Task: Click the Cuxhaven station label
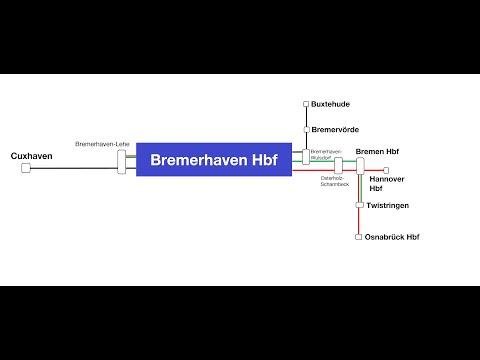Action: [x=30, y=156]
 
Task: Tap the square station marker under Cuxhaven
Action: [x=26, y=168]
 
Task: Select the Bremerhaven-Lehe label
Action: [x=103, y=144]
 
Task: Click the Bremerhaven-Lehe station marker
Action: [x=122, y=161]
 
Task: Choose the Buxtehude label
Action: [x=331, y=103]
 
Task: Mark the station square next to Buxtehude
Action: [x=307, y=104]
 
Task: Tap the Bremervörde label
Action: [x=335, y=130]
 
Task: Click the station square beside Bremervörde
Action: [x=307, y=130]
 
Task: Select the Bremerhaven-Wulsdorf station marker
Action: [x=307, y=157]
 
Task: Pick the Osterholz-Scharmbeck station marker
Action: [x=338, y=165]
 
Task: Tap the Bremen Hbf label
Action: [x=377, y=151]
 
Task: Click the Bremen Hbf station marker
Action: [x=360, y=167]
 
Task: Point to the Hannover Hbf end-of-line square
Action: [x=386, y=170]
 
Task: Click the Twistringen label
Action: [x=387, y=205]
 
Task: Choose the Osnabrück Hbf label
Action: [x=392, y=237]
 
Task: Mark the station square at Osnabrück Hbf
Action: [x=358, y=237]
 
